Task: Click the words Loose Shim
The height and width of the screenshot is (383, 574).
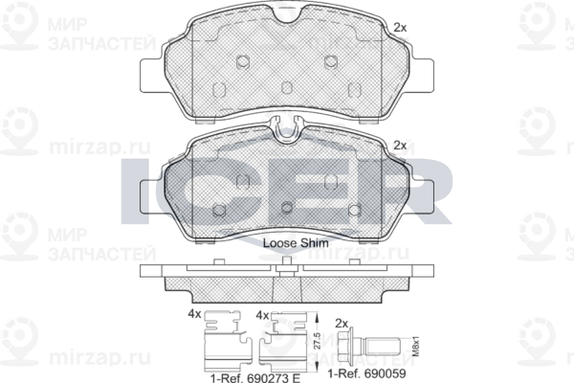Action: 296,244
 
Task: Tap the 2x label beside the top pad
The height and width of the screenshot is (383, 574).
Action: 400,29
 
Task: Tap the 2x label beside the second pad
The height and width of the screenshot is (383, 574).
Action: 400,145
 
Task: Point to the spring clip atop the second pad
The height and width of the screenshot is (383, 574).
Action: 286,125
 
